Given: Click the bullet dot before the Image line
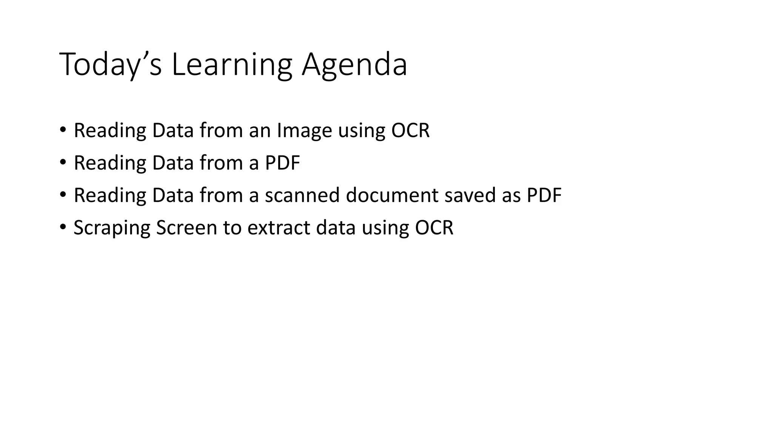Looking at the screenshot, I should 63,130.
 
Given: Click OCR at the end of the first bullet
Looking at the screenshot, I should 410,130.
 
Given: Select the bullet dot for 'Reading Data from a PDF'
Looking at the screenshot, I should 63,162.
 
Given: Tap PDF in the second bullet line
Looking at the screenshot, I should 282,163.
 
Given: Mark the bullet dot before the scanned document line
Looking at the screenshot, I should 63,195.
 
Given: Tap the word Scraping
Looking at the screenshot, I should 112,228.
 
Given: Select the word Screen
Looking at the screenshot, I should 186,228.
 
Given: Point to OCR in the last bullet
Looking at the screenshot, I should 434,228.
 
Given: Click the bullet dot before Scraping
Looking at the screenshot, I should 63,227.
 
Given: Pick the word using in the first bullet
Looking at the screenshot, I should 361,131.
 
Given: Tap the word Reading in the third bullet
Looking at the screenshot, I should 110,195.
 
